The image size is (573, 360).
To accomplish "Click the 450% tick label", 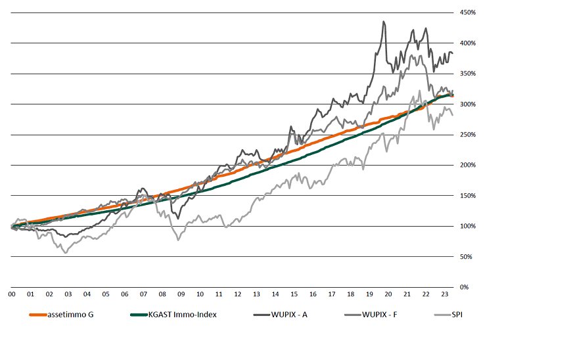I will (x=467, y=12).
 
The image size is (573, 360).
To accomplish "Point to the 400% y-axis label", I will (x=467, y=43).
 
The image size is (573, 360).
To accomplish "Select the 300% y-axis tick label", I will (x=467, y=104).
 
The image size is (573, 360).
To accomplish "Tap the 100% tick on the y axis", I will (x=467, y=226).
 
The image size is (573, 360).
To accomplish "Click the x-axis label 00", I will (x=12, y=295).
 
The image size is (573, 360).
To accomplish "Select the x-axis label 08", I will (x=162, y=295).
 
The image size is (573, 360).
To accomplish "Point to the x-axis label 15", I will (x=294, y=295).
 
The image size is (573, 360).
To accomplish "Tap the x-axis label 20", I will (x=388, y=295).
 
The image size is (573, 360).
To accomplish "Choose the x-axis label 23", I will (x=445, y=295).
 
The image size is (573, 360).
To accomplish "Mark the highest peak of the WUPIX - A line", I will (x=384, y=22).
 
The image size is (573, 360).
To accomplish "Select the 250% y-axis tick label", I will (x=467, y=135).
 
